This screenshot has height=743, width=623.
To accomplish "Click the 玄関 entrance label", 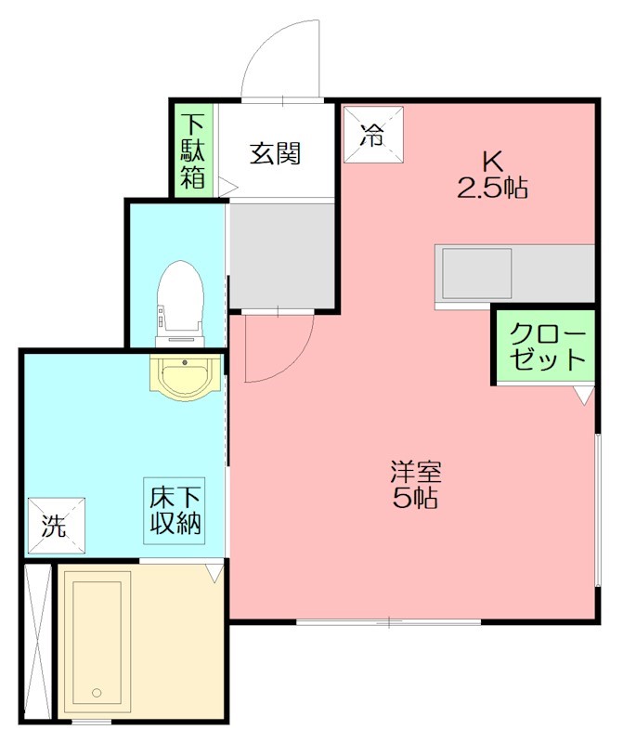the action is pos(275,153).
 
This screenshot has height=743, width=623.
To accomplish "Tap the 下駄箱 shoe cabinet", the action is pos(193,150).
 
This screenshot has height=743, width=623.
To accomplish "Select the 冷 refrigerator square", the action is pos(373,135).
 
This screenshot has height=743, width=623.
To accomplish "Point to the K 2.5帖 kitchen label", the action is pos(492,176).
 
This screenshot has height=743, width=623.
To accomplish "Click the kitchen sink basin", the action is pos(476,273).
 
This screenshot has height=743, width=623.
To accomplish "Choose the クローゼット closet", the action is pos(545,346).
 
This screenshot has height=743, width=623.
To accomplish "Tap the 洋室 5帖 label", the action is pos(416,484).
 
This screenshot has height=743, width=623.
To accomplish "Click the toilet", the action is pos(180,304).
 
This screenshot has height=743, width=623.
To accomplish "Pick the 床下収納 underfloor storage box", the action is pos(175,510).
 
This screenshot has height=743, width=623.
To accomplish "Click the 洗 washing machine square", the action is pos(57,526).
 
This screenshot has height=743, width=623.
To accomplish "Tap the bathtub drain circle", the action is pos(97,693).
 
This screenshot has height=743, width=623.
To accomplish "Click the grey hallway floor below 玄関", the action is pos(281,256).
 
